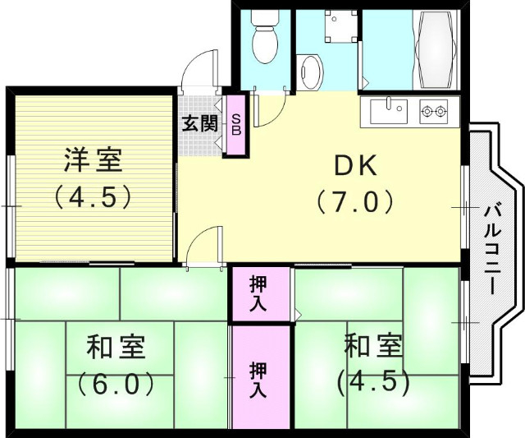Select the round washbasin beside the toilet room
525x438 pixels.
(310, 72)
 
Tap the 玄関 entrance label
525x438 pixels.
(199, 124)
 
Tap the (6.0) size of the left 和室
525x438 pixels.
(117, 383)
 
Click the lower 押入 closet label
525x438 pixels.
(259, 380)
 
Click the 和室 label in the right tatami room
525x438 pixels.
(373, 346)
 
